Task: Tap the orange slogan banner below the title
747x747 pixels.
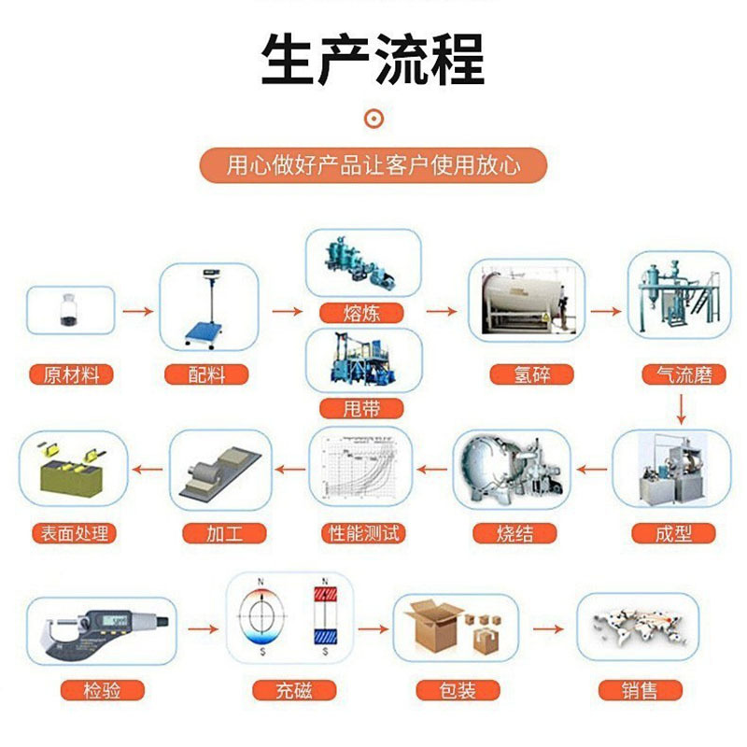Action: (373, 166)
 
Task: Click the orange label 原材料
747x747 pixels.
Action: (71, 375)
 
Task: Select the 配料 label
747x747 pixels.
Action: (206, 375)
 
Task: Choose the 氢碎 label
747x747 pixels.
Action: (527, 375)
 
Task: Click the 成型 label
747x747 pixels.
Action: (674, 534)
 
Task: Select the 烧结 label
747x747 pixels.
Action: (515, 534)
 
